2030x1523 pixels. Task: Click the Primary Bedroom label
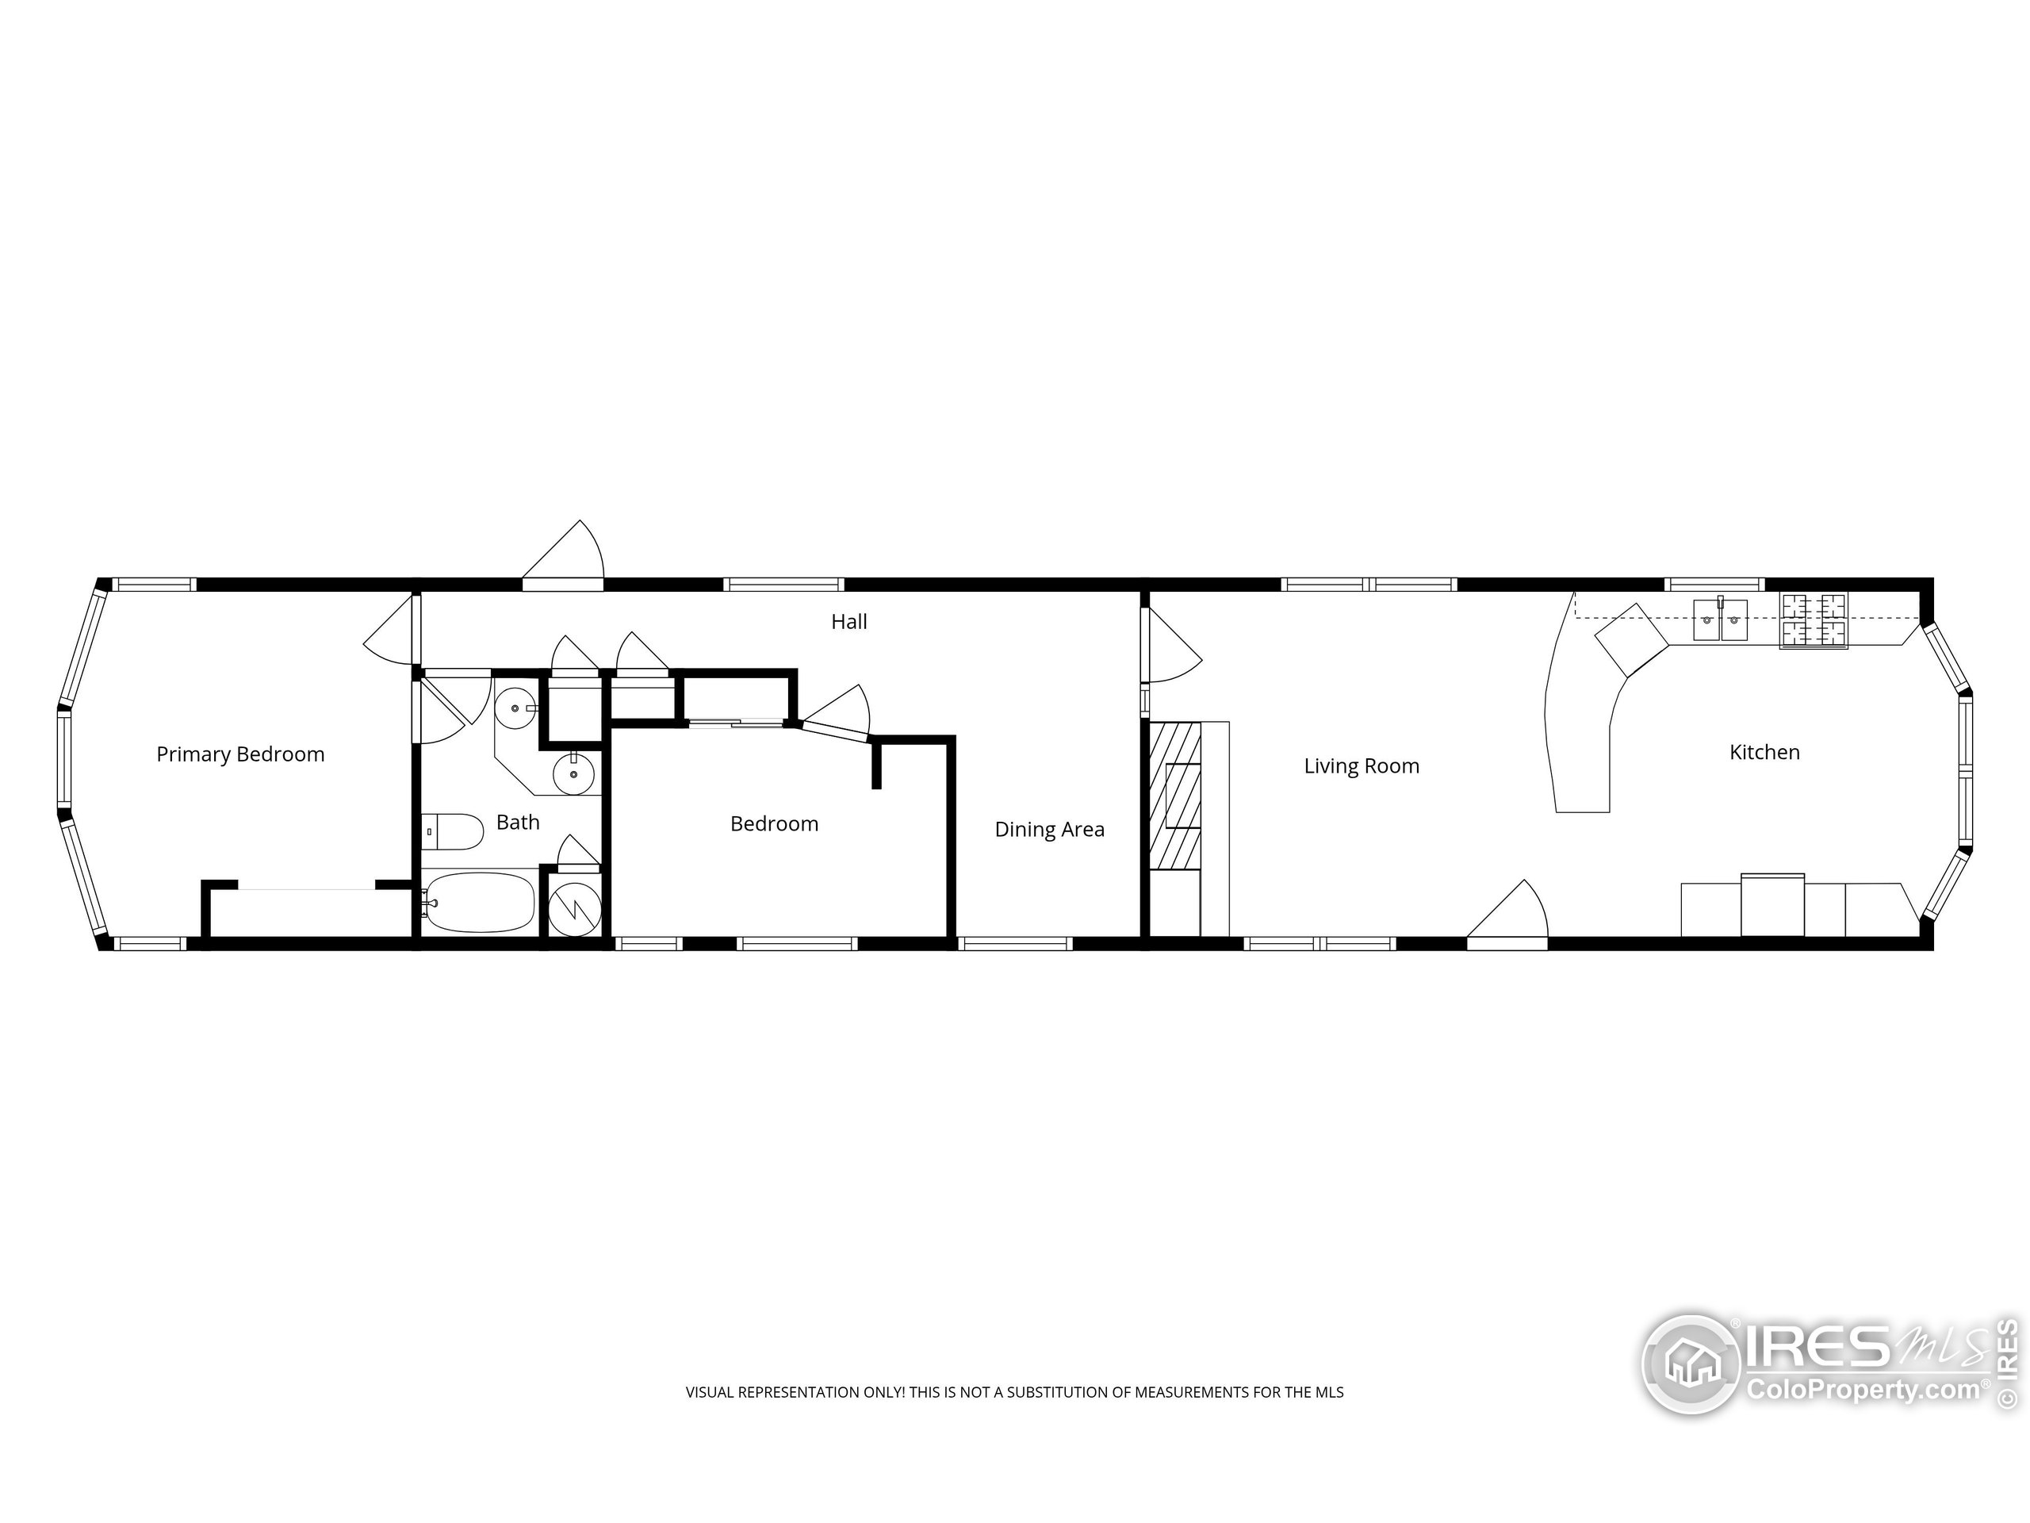point(240,754)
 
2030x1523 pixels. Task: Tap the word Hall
point(849,623)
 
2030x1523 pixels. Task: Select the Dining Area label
point(1049,830)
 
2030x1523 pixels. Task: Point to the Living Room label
point(1361,766)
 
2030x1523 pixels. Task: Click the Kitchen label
point(1764,753)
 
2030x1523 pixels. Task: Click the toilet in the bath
point(454,832)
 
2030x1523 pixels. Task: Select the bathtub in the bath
point(479,903)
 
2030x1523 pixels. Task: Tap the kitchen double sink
point(1720,620)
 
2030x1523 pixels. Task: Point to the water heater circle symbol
point(574,909)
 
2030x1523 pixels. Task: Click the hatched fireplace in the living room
point(1174,795)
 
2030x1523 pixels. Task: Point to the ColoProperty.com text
point(1863,1390)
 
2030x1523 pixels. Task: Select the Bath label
point(518,823)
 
